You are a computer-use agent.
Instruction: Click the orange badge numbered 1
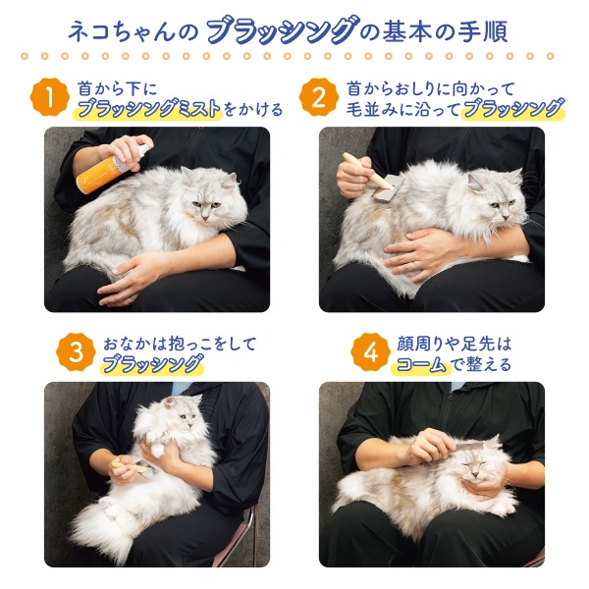[x=50, y=97]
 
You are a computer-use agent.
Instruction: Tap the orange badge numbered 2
[x=318, y=97]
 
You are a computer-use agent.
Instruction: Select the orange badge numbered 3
[x=76, y=352]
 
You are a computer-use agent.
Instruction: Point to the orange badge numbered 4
[x=370, y=352]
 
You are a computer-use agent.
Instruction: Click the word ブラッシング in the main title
[x=281, y=31]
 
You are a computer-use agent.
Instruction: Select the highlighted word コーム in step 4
[x=421, y=364]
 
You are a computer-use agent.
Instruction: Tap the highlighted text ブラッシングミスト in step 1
[x=148, y=109]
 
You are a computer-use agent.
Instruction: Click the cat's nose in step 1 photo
[x=205, y=218]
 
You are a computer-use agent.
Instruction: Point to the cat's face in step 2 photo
[x=499, y=201]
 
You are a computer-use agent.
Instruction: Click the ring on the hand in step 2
[x=414, y=266]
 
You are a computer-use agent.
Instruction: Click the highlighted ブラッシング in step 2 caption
[x=513, y=109]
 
